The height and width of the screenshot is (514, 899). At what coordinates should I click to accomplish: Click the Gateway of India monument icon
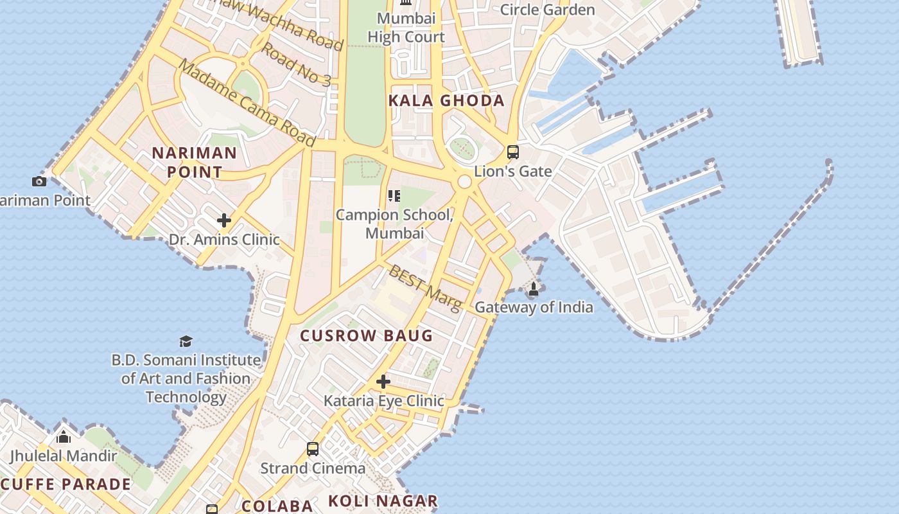533,290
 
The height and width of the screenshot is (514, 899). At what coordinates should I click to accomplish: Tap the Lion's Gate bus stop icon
512,152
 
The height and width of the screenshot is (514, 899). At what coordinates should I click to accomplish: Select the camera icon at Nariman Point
39,181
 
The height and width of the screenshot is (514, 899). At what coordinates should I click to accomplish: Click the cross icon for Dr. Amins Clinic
223,221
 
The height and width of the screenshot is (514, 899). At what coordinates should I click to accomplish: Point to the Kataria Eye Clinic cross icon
383,382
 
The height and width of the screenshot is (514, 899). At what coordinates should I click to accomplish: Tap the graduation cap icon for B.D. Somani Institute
186,341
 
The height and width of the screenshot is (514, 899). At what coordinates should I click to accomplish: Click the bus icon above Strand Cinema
313,449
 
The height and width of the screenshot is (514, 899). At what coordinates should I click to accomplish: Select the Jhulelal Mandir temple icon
63,438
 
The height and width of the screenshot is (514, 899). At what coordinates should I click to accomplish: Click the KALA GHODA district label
446,101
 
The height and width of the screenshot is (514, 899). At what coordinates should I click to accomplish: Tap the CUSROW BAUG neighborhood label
367,335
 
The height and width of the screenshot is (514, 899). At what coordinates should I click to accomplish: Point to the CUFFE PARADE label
65,484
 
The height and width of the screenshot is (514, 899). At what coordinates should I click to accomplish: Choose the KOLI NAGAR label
383,501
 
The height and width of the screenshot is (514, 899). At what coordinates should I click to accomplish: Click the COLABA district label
277,505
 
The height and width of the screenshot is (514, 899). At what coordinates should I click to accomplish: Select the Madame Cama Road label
247,103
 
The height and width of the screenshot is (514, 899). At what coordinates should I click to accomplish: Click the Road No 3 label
296,65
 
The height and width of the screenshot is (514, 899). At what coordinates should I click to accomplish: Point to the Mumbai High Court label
406,28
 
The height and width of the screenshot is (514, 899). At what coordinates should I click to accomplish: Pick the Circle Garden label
547,10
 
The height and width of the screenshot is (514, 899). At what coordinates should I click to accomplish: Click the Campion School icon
394,195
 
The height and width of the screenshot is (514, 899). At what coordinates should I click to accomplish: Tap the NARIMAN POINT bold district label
194,163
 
